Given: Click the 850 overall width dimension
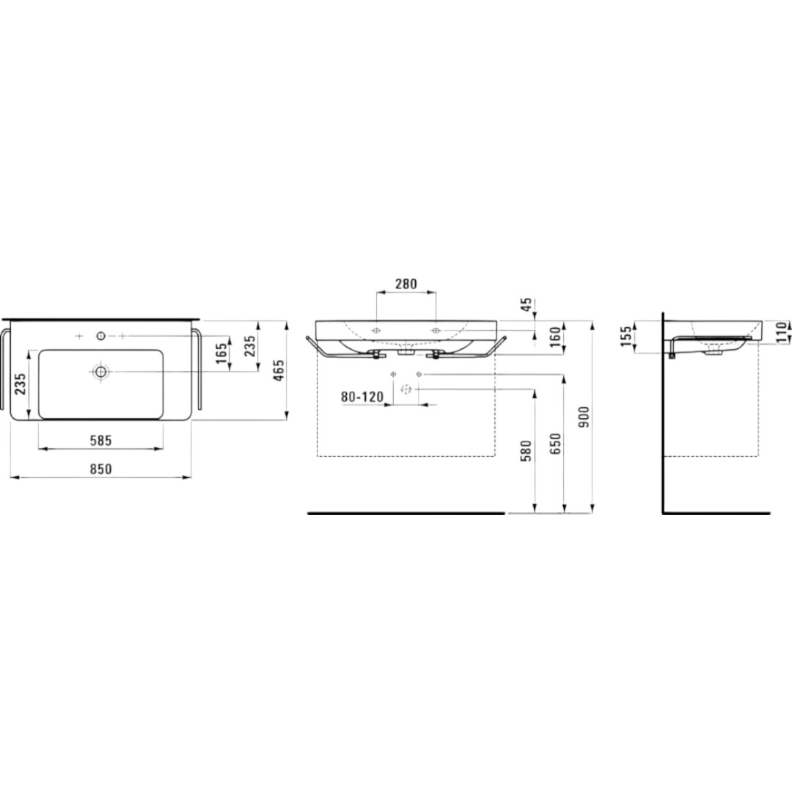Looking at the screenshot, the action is pos(100,469).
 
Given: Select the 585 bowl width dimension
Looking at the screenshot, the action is pos(100,441).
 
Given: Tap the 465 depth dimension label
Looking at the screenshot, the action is pos(279,370).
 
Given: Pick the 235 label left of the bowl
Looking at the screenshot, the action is pos(20,384).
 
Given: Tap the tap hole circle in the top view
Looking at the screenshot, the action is pos(101,335).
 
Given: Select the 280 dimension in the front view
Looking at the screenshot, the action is pos(406,285).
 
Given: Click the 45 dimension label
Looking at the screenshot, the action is pos(527,304).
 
